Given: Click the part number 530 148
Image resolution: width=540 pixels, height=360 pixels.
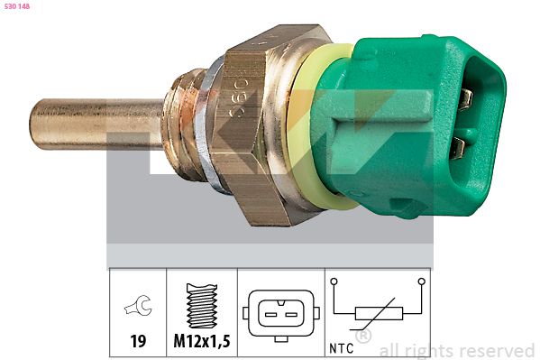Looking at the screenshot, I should click(x=17, y=6).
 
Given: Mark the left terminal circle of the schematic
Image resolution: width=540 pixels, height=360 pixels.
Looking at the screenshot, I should click(x=334, y=282).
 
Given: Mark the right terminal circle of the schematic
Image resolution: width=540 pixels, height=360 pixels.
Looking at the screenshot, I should click(x=421, y=282).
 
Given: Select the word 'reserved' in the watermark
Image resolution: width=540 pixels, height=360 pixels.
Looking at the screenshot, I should click(x=496, y=350).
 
